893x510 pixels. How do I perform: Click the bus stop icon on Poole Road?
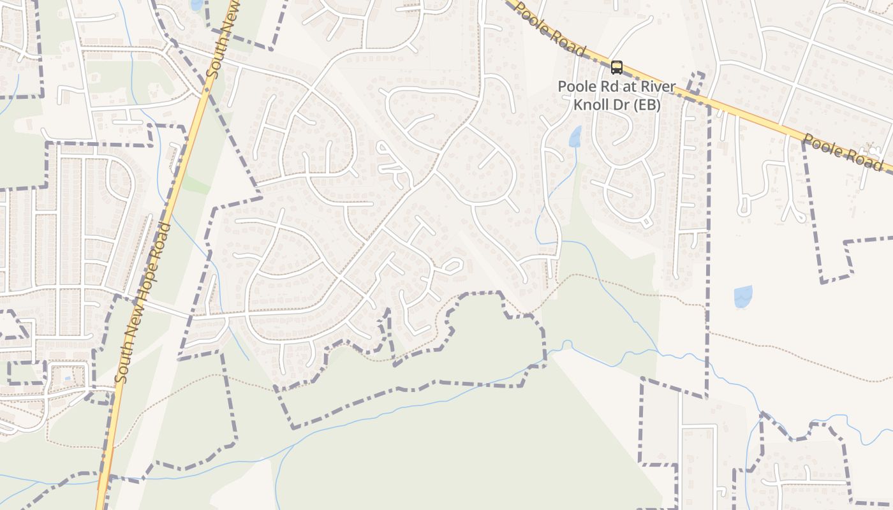pyautogui.click(x=616, y=67)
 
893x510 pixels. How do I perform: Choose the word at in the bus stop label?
pyautogui.click(x=628, y=86)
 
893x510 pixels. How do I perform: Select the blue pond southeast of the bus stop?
pyautogui.click(x=742, y=296)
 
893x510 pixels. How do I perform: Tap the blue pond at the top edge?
pyautogui.click(x=196, y=4)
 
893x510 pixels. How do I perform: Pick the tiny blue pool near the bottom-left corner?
pyautogui.click(x=68, y=378)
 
